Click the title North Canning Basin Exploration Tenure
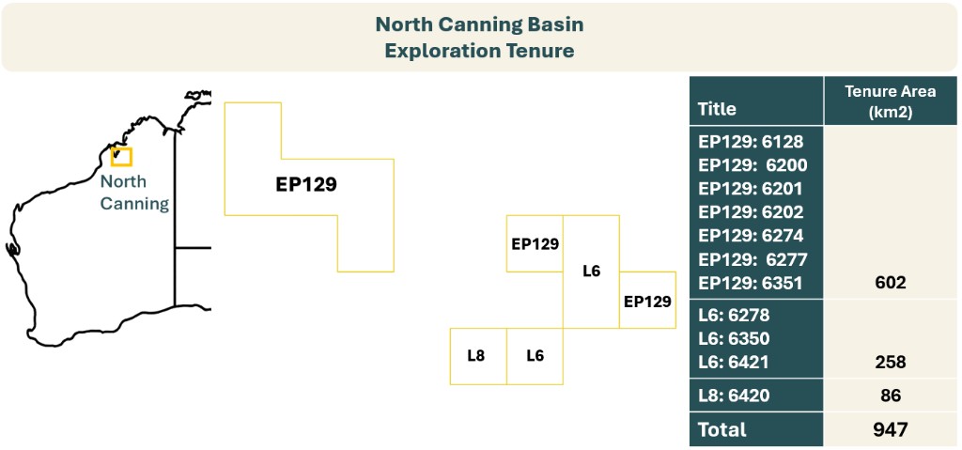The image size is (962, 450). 479,37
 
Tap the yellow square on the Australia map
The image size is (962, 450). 121,157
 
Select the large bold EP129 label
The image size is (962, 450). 306,184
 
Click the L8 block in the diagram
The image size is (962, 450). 477,355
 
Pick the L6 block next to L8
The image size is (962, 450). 535,355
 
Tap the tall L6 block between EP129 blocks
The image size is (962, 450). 591,272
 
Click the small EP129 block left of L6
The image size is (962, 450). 535,243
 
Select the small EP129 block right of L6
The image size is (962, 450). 647,301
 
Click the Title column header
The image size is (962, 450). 717,109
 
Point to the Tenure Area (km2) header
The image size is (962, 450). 890,100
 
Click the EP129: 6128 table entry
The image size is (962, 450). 752,142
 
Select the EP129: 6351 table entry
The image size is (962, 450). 752,283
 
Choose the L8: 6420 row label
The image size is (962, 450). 734,396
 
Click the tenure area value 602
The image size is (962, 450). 889,283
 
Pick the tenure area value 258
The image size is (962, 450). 889,362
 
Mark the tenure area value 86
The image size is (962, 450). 889,396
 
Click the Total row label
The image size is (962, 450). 721,429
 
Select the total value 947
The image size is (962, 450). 889,429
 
